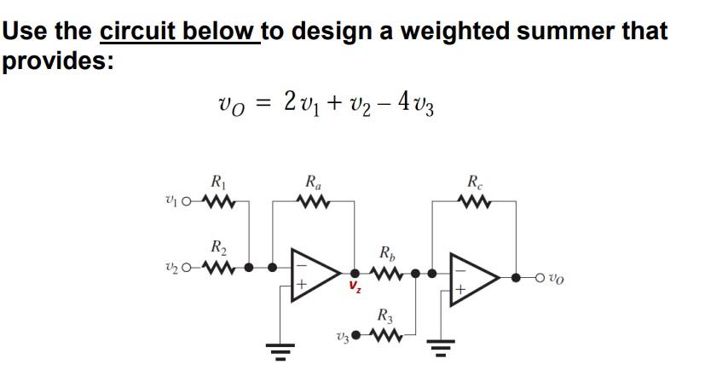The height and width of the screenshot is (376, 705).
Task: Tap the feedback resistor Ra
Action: (310, 203)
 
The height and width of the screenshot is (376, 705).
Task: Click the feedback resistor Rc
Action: (474, 203)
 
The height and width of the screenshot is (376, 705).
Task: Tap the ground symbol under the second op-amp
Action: (440, 348)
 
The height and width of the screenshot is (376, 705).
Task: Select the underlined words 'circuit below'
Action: (178, 32)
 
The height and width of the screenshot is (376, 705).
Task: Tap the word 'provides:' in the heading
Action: (57, 62)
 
